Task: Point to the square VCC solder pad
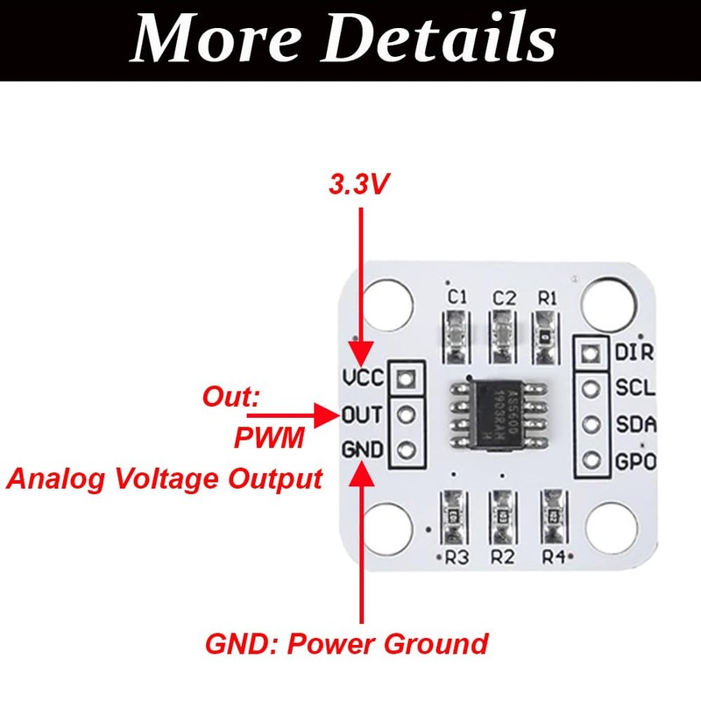coord(406,379)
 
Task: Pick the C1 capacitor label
coord(457,298)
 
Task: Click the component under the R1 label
coord(547,336)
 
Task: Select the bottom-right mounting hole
coord(611,528)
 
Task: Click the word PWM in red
coord(269,437)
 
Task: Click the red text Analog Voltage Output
coord(165,479)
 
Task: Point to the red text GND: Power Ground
coord(346,644)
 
